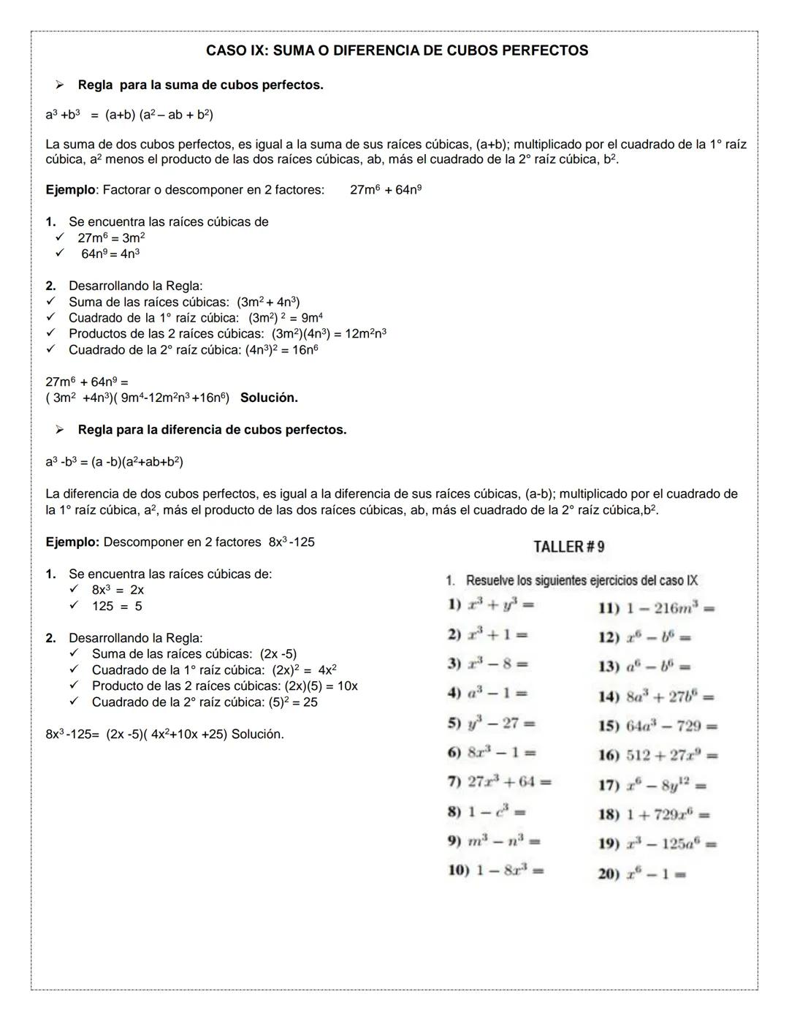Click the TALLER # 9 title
(x=569, y=547)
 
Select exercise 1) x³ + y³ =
(x=491, y=605)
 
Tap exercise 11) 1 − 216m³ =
(x=656, y=608)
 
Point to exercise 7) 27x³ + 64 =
(x=500, y=781)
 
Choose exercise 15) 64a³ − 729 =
(x=657, y=726)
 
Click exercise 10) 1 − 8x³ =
(x=495, y=870)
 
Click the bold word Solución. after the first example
(x=269, y=398)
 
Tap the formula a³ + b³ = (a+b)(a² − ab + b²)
(x=129, y=115)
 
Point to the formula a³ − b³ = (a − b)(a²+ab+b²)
(x=114, y=462)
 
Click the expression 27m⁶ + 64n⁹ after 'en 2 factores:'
(x=386, y=190)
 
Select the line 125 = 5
(x=117, y=606)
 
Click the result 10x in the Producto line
(x=347, y=686)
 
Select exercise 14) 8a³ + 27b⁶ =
(x=655, y=697)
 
